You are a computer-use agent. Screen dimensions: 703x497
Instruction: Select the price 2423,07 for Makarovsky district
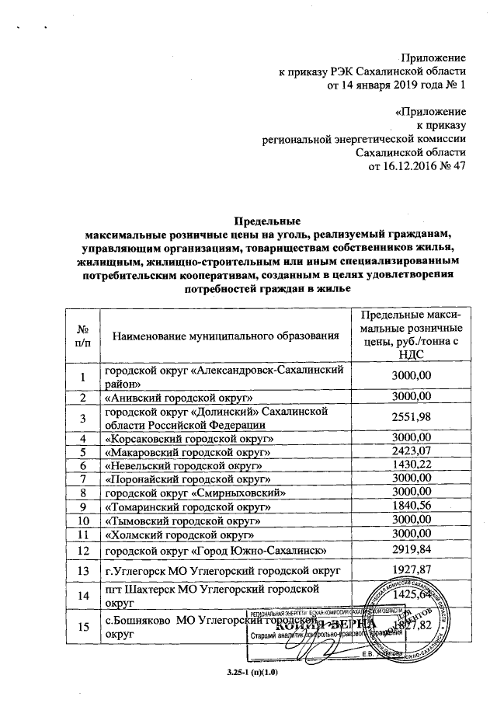(x=412, y=451)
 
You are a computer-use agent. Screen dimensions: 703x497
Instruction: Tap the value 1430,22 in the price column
(x=412, y=465)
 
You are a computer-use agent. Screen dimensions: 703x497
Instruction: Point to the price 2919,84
(x=412, y=551)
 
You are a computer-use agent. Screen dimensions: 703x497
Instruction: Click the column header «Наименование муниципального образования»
(x=226, y=336)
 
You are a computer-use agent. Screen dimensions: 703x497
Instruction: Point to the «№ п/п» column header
(x=81, y=336)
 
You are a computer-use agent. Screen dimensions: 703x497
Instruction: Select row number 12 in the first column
(x=81, y=551)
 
